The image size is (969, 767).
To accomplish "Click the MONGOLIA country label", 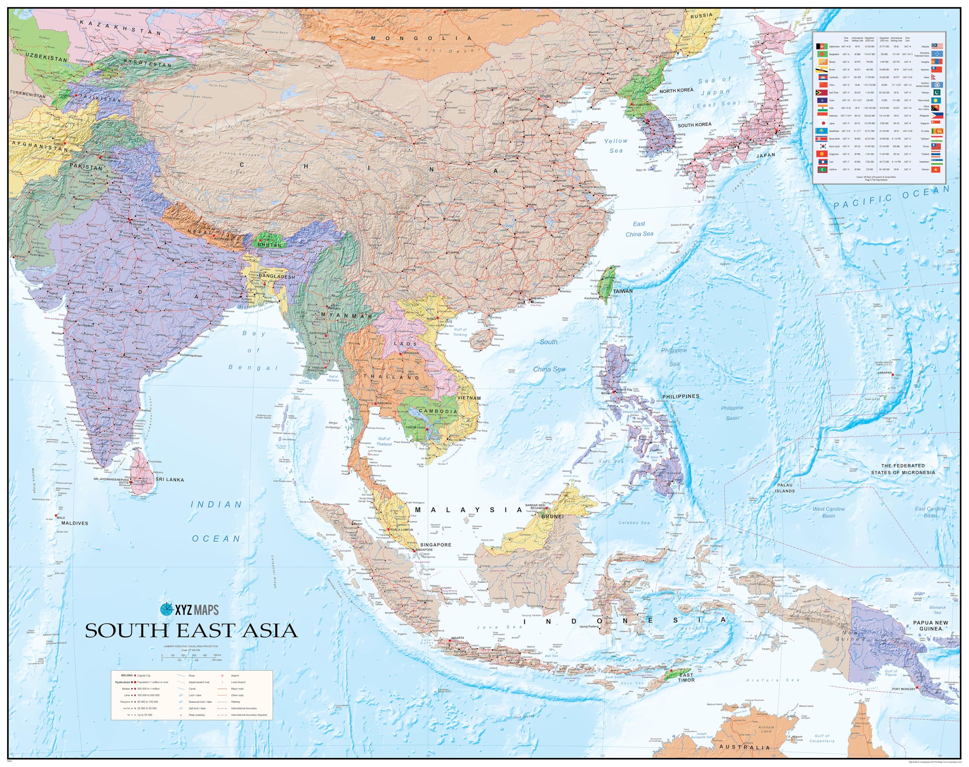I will click(421, 38).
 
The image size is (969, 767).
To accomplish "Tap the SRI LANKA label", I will click(170, 480).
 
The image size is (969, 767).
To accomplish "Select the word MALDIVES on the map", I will click(75, 523).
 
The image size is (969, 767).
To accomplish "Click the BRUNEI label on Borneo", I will click(552, 516).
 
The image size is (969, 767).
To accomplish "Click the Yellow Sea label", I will click(615, 145).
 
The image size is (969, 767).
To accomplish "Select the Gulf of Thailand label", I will click(384, 441).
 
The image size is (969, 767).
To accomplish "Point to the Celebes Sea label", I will click(634, 523).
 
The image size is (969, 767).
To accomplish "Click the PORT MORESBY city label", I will click(903, 689).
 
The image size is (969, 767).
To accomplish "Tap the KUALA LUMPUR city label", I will click(402, 530).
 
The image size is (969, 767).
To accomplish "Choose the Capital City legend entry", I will click(144, 675).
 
